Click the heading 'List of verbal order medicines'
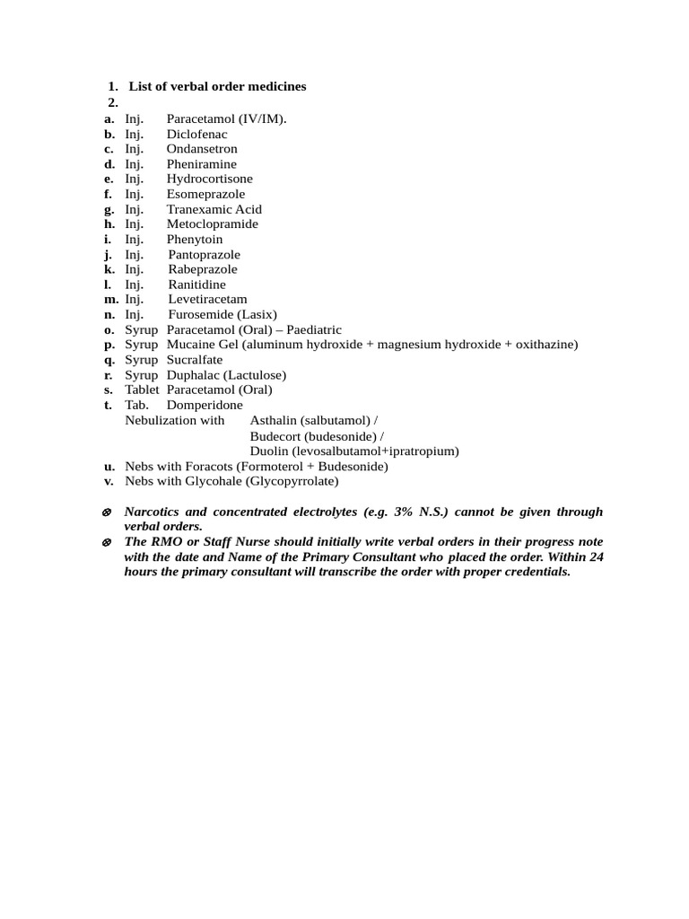pos(217,86)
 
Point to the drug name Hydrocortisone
pos(209,179)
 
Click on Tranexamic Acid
pos(214,209)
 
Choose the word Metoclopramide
pos(212,223)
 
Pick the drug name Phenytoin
pos(195,240)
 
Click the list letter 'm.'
pos(111,299)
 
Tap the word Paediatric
pos(314,329)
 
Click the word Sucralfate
pos(195,360)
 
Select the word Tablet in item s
pos(142,389)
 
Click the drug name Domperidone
pos(205,405)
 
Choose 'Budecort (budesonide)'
pos(313,435)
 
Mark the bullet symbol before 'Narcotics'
pos(107,512)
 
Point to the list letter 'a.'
pos(109,118)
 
